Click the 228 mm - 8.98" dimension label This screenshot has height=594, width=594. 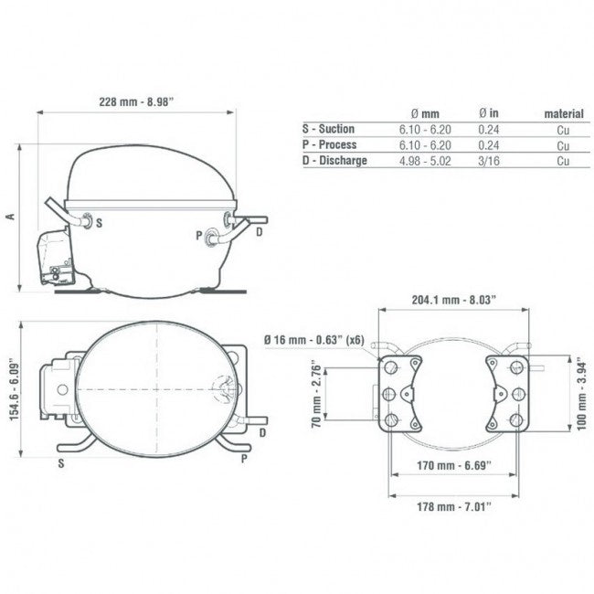point(136,102)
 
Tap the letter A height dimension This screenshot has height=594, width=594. point(11,217)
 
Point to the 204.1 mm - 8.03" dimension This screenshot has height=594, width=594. point(454,300)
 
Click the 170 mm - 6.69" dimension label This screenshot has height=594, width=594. point(454,465)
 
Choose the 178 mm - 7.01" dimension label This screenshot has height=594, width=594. point(454,506)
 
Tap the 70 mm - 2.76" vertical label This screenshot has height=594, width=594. point(316,397)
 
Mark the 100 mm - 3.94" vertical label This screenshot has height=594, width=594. point(582,397)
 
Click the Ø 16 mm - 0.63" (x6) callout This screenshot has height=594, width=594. point(314,340)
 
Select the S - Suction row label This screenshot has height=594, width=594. point(328,129)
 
